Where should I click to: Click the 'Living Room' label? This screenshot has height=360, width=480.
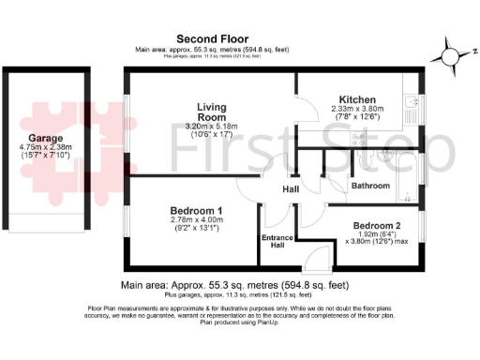click(211, 112)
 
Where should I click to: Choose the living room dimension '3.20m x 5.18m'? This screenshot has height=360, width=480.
click(211, 127)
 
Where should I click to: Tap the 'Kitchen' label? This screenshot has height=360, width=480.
click(357, 99)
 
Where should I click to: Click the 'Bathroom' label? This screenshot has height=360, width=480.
click(370, 186)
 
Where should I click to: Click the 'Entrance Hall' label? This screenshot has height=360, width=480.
click(277, 242)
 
